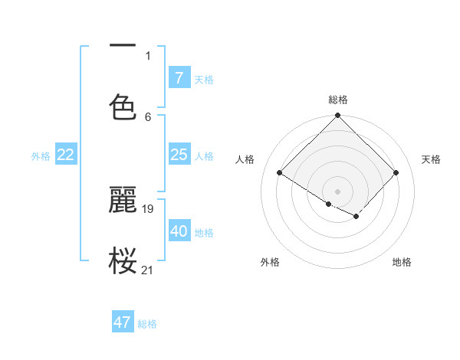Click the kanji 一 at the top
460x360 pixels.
[123, 47]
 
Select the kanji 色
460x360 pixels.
[123, 106]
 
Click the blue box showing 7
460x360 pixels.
[179, 78]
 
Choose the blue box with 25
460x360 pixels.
[179, 155]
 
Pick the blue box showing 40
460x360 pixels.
[179, 231]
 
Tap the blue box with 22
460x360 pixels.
[66, 155]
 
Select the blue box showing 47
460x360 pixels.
[123, 322]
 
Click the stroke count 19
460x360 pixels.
[149, 208]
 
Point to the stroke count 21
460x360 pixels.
[148, 270]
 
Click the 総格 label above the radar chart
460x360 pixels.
[337, 100]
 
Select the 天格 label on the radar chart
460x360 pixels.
[431, 159]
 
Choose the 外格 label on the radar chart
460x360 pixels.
[270, 262]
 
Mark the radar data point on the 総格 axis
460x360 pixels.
[337, 116]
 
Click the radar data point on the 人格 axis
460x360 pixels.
[280, 173]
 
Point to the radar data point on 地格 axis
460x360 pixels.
[356, 217]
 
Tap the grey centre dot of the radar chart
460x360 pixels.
[337, 191]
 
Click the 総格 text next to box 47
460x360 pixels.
[147, 324]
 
